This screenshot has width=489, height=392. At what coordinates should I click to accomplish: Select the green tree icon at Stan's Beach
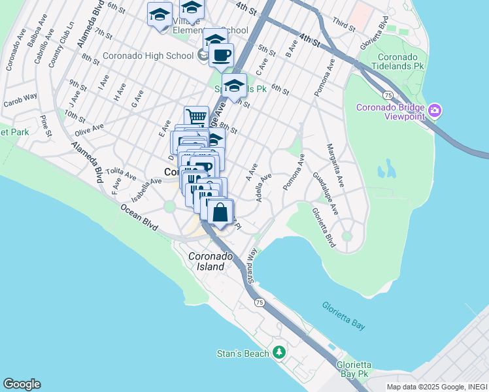click(280, 353)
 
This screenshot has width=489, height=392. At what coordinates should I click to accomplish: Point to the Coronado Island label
click(207, 261)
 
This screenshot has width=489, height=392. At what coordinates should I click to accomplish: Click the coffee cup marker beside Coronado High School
click(221, 55)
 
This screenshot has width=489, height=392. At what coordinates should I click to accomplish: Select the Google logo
click(22, 384)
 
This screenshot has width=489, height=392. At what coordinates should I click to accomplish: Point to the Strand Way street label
click(252, 265)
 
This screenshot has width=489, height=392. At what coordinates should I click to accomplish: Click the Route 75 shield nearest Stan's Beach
click(260, 302)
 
